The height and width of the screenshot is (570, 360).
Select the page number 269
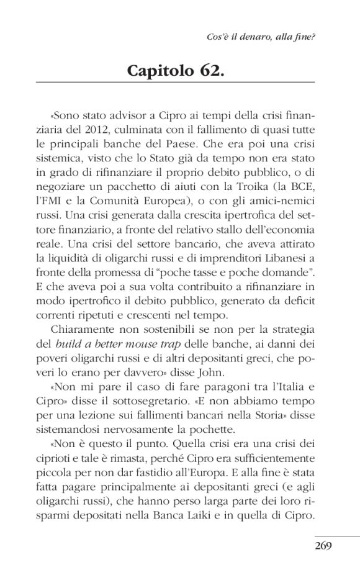point(323,546)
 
